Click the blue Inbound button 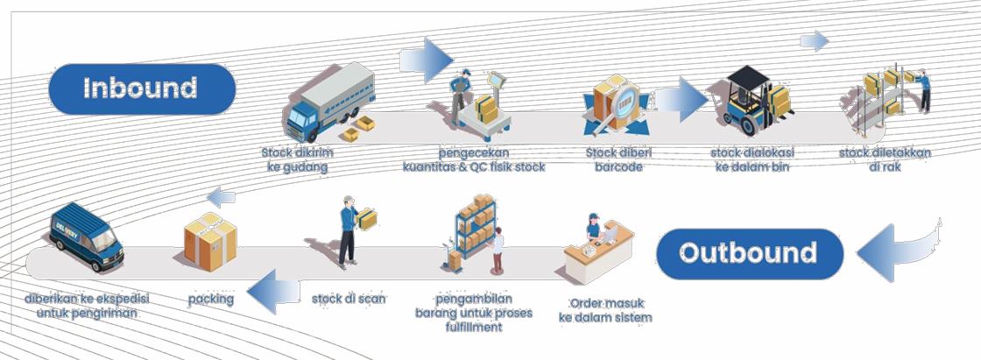pyautogui.click(x=142, y=88)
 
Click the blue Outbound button pyautogui.click(x=749, y=254)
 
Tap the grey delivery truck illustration pyautogui.click(x=328, y=106)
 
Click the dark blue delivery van pyautogui.click(x=87, y=235)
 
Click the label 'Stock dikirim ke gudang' pyautogui.click(x=298, y=159)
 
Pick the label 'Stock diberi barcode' pyautogui.click(x=618, y=159)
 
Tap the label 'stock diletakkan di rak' pyautogui.click(x=885, y=159)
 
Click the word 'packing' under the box pyautogui.click(x=211, y=299)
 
